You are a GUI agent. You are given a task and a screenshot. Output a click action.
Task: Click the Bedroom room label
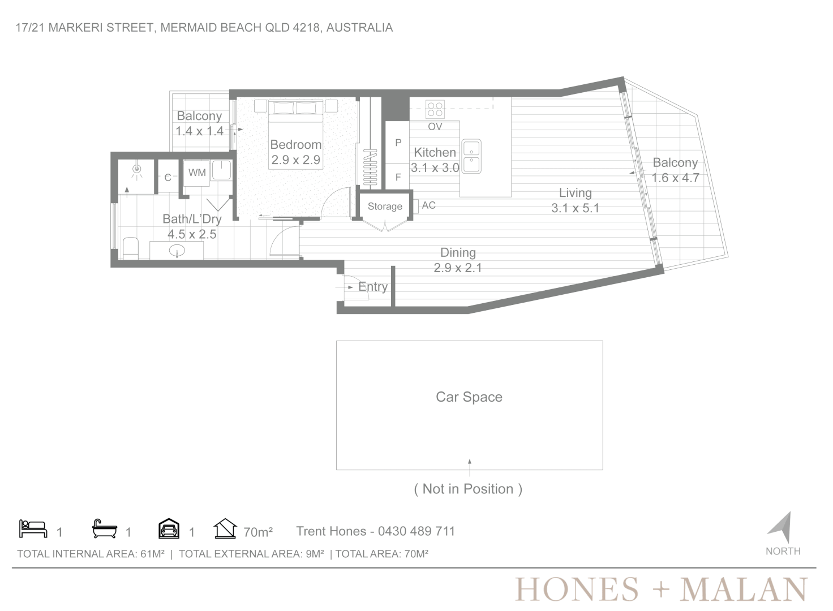295,144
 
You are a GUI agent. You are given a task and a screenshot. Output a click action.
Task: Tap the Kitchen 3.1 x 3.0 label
435,160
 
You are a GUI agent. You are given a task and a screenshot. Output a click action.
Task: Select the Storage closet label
385,206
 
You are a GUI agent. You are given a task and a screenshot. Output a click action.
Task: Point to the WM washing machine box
197,173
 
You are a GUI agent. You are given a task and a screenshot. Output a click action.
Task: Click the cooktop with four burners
435,109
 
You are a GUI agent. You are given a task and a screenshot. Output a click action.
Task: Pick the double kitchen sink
471,157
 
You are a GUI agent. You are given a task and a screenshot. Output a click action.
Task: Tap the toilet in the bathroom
131,248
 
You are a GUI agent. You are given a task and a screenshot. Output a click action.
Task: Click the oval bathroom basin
177,251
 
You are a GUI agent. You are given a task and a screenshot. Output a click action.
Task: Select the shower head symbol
137,170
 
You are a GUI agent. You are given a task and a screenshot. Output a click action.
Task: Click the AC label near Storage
428,205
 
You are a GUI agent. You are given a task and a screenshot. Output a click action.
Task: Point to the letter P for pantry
398,143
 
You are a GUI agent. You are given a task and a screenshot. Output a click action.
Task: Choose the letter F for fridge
398,178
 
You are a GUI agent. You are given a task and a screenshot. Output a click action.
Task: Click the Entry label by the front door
372,287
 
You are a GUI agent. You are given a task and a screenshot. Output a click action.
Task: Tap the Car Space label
469,397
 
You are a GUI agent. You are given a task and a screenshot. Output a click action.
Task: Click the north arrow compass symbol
780,527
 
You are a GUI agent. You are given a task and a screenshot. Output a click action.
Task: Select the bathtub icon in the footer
105,529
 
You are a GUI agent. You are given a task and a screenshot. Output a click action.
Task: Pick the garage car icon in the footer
169,528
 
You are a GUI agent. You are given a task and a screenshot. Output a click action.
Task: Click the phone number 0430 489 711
416,531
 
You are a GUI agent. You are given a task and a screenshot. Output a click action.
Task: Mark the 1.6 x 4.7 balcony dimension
675,178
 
